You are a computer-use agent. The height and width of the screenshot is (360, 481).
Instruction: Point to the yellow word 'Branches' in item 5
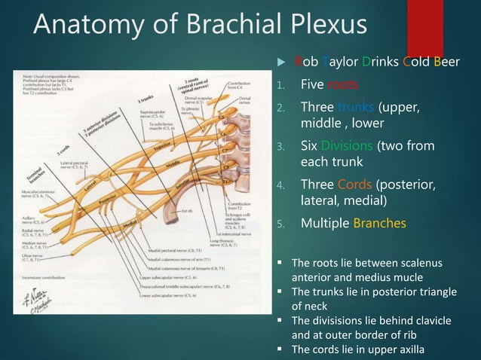(x=378, y=223)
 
